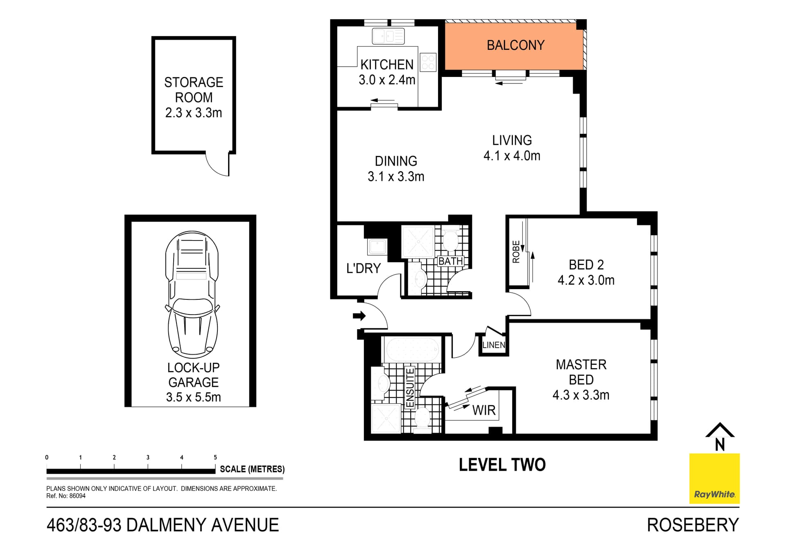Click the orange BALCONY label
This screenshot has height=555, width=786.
click(515, 45)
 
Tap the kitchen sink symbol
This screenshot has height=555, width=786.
click(388, 36)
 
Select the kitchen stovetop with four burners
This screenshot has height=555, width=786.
click(428, 62)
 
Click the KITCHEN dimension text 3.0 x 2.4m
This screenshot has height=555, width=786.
click(387, 80)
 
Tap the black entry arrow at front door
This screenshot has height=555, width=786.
click(359, 315)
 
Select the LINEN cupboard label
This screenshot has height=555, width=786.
click(494, 345)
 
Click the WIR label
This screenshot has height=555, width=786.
click(483, 410)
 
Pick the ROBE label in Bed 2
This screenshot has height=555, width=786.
click(516, 252)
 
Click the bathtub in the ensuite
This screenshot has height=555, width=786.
click(412, 349)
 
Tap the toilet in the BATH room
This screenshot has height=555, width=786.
click(451, 240)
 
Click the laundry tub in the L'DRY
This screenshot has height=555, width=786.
click(377, 247)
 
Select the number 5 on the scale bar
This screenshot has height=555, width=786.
click(215, 457)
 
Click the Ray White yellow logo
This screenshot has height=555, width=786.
click(714, 478)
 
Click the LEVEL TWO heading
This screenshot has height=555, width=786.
click(502, 465)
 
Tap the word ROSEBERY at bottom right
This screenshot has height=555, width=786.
click(693, 525)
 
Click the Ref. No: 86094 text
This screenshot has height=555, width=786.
click(66, 496)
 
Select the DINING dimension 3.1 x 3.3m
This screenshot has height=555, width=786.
click(395, 177)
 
